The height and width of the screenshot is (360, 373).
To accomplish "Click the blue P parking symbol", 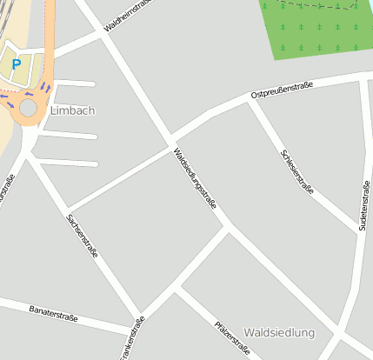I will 16,63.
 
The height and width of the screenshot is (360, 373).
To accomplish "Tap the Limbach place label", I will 72,110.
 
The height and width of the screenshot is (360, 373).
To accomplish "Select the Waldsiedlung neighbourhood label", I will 279,333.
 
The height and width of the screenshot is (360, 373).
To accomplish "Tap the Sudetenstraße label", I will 363,205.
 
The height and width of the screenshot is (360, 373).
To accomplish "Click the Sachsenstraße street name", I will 82,237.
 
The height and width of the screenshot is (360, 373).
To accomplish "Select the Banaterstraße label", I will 52,313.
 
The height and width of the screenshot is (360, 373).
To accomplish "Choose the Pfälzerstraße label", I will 232,338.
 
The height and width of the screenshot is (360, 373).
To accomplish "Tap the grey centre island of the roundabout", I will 29,107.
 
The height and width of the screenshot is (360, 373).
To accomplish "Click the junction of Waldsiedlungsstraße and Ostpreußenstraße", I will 172,140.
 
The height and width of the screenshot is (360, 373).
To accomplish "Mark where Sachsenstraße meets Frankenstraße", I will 138,315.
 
